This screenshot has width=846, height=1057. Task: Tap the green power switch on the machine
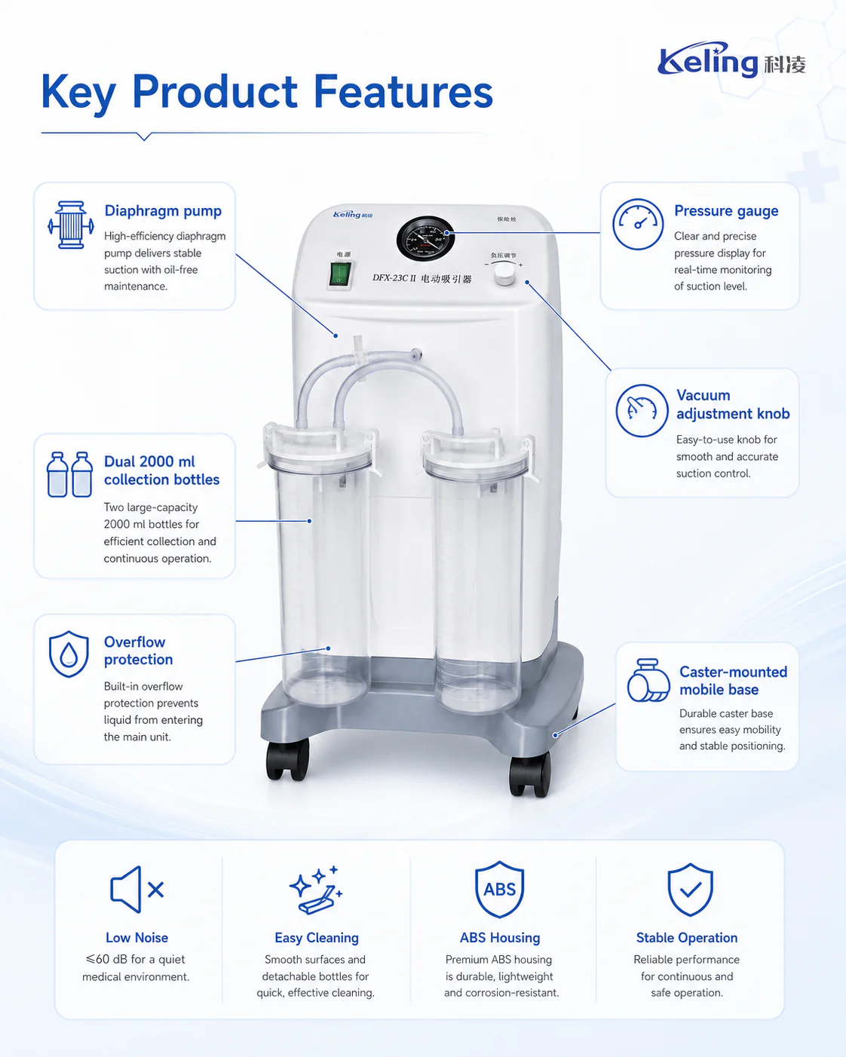(x=340, y=274)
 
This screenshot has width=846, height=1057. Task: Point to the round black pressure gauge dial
(x=425, y=238)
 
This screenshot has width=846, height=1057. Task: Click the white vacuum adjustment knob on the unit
(x=504, y=274)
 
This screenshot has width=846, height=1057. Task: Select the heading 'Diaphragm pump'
(x=163, y=210)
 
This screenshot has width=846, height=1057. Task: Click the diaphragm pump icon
(x=71, y=225)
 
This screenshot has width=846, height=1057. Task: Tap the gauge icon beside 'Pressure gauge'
(x=638, y=224)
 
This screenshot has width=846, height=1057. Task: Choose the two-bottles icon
(x=69, y=474)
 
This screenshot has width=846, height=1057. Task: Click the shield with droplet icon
(x=69, y=654)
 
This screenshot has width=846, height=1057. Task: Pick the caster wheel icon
(x=648, y=681)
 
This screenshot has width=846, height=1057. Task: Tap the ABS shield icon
(x=500, y=890)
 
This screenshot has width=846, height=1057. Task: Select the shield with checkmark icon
(x=690, y=890)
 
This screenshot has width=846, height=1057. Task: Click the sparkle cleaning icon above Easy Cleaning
(x=316, y=890)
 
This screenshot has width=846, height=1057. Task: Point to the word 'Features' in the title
(x=403, y=91)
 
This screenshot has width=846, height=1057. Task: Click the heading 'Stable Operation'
(x=687, y=938)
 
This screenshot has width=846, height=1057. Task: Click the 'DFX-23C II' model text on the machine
(x=394, y=278)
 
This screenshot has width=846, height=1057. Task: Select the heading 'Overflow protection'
(x=138, y=651)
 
